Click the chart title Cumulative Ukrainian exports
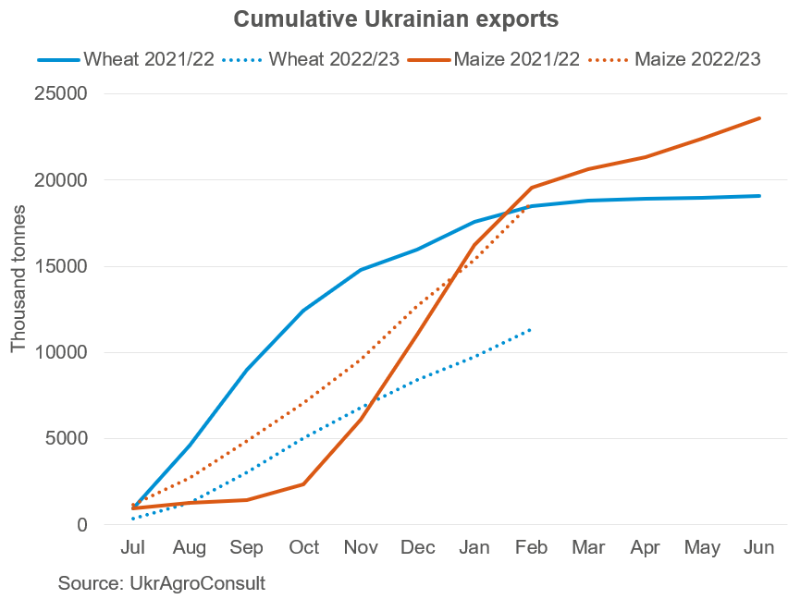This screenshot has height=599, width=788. point(396,19)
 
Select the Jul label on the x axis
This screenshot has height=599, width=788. point(133,548)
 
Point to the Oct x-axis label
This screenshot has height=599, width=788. point(303,548)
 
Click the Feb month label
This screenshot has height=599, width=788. point(531,548)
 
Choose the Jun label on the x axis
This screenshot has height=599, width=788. point(759,548)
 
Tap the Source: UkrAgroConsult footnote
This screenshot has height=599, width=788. point(162,584)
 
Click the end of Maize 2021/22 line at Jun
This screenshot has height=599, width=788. point(759,118)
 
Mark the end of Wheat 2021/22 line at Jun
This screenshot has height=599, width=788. point(759,196)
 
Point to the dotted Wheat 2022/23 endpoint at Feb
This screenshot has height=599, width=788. point(531,329)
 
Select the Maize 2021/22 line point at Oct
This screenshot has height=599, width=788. point(303,484)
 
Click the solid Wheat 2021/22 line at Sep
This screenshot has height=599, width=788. point(247,370)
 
